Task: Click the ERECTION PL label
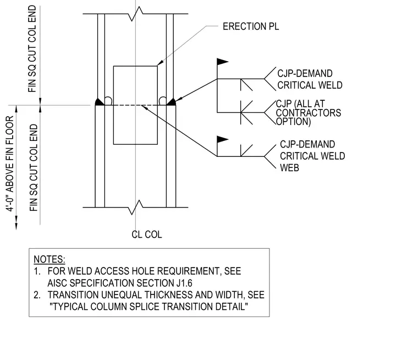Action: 251,26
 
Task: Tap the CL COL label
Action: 147,234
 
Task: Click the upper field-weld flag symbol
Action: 223,62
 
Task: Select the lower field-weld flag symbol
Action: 223,139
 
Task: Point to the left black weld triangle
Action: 100,102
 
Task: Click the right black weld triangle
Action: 172,102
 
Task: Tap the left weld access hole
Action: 108,101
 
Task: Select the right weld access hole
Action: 163,101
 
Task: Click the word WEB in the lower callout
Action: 289,167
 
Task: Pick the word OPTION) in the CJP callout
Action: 294,122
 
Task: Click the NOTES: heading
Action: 50,259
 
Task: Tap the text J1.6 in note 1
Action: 184,283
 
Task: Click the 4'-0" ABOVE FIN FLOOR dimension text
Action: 10,163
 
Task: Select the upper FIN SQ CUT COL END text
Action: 32,49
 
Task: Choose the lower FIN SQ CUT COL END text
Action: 34,167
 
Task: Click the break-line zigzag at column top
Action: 136,14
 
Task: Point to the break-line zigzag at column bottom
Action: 136,208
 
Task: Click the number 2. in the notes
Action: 37,295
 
